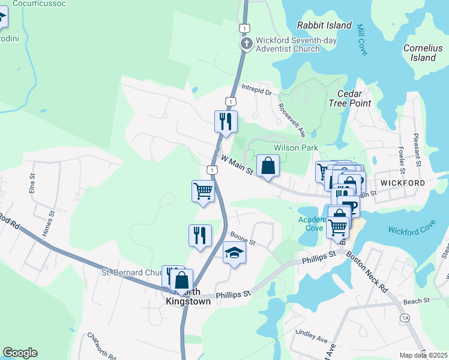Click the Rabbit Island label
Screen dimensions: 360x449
pyautogui.click(x=324, y=25)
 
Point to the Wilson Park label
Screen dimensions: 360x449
pyautogui.click(x=295, y=148)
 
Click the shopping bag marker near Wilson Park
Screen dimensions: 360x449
pyautogui.click(x=268, y=166)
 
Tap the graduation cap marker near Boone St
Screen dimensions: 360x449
pyautogui.click(x=234, y=254)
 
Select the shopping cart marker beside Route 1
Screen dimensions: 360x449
pyautogui.click(x=203, y=191)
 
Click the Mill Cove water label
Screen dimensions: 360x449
pyautogui.click(x=361, y=40)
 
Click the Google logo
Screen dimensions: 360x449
pyautogui.click(x=20, y=352)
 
